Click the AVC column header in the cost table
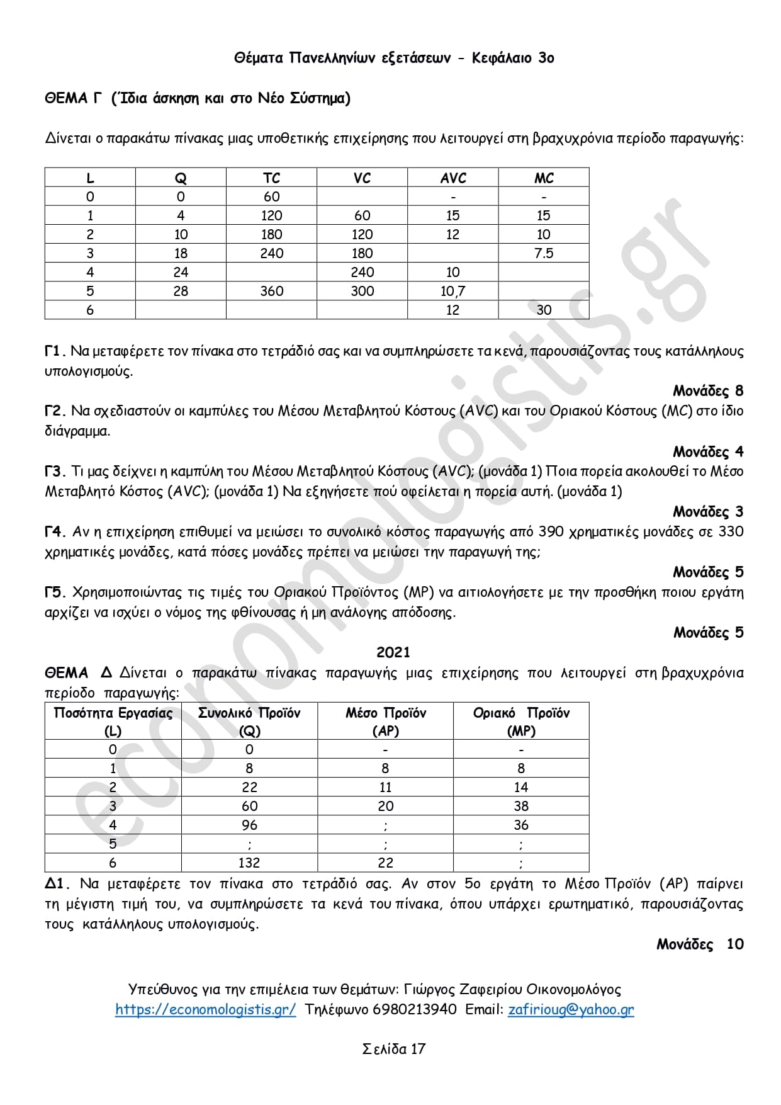click(x=453, y=178)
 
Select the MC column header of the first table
click(x=544, y=178)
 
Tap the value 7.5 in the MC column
click(x=544, y=253)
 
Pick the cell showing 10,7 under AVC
click(x=453, y=291)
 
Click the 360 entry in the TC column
click(x=272, y=291)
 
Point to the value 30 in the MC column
click(x=544, y=310)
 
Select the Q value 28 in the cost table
click(x=181, y=291)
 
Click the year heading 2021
click(x=393, y=652)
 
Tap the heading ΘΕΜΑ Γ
click(x=73, y=98)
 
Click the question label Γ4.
click(x=55, y=532)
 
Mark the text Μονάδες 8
click(x=708, y=391)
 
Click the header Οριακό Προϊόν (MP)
click(x=521, y=722)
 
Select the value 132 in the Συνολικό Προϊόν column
click(x=249, y=863)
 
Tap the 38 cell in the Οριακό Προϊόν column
click(x=521, y=806)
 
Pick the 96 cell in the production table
click(x=249, y=825)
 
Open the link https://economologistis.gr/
click(x=205, y=1009)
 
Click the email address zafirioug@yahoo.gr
click(x=571, y=1009)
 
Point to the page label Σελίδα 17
click(x=394, y=1049)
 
